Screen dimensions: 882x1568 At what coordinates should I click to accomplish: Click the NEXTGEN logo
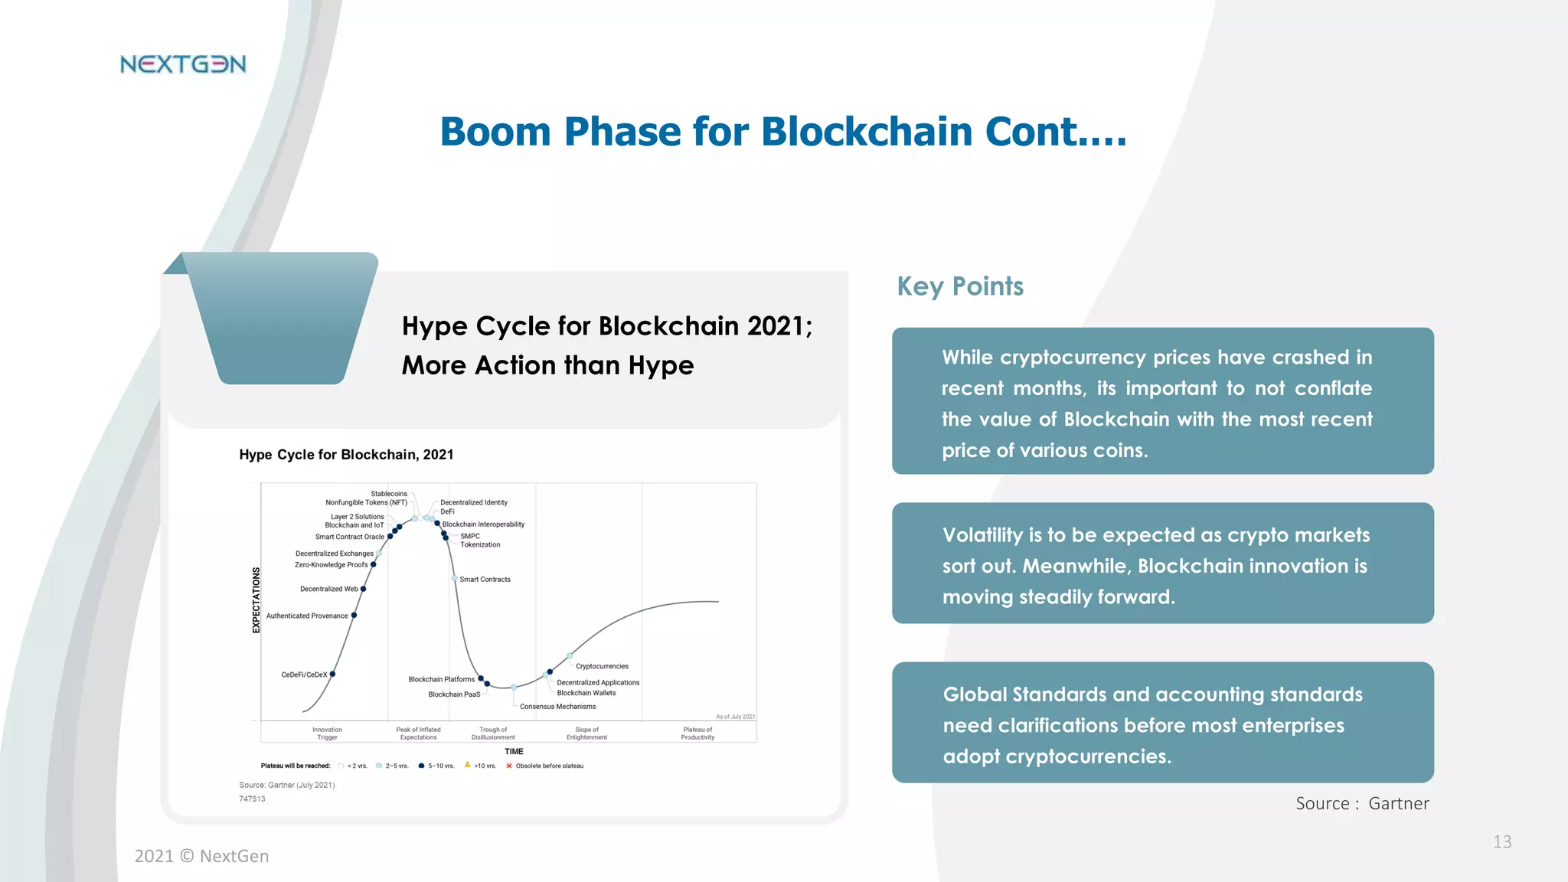tap(183, 64)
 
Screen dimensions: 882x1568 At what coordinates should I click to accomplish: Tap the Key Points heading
tap(960, 286)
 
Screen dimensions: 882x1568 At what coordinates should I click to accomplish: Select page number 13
tap(1501, 842)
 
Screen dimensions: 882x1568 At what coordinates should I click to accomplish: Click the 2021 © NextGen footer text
tap(201, 856)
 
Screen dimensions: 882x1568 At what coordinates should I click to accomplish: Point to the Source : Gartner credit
tap(1362, 803)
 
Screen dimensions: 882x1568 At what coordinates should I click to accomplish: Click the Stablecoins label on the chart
tap(389, 494)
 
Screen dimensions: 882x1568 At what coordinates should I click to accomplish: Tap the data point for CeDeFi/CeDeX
tap(332, 674)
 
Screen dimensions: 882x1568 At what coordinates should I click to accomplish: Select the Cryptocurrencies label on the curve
tap(602, 666)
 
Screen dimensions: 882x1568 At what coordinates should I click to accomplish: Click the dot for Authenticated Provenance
tap(354, 615)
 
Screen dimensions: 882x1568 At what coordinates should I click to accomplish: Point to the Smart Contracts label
tap(485, 580)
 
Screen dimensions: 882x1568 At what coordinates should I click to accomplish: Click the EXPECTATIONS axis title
tap(256, 600)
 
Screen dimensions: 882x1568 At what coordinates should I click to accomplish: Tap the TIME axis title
tap(514, 751)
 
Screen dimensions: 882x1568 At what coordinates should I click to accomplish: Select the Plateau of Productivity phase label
tap(697, 733)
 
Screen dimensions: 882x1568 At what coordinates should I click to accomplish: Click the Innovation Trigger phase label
tap(327, 733)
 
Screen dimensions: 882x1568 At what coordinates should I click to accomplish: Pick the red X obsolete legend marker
tap(509, 766)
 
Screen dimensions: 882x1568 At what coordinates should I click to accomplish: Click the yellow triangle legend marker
tap(467, 764)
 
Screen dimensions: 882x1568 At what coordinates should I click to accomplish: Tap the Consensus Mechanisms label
tap(557, 707)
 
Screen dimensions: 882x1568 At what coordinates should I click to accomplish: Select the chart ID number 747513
tap(252, 799)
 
